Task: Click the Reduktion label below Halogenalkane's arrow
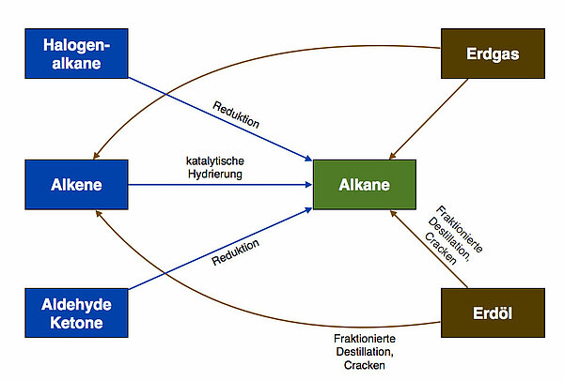[x=235, y=113]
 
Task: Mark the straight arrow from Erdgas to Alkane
[x=431, y=117]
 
